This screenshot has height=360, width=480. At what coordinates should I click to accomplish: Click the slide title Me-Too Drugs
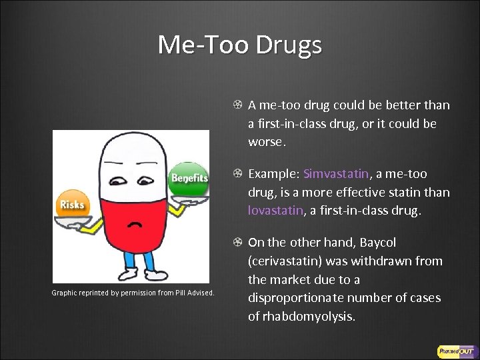[x=240, y=45]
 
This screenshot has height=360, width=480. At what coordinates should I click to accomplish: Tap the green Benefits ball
[x=189, y=178]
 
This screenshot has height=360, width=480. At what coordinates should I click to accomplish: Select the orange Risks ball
[x=72, y=203]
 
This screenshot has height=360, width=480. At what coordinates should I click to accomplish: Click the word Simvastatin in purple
[x=335, y=174]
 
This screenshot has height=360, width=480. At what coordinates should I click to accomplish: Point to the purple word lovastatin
[x=273, y=211]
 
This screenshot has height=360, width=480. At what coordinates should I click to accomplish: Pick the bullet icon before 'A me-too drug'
[x=237, y=105]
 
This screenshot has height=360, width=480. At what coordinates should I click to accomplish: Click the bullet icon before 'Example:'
[x=237, y=174]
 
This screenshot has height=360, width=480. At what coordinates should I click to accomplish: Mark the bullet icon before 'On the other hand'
[x=237, y=243]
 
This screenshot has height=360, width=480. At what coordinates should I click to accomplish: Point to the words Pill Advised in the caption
[x=193, y=293]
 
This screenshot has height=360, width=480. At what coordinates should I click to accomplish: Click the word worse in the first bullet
[x=265, y=143]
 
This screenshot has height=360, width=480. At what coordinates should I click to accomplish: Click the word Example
[x=273, y=174]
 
